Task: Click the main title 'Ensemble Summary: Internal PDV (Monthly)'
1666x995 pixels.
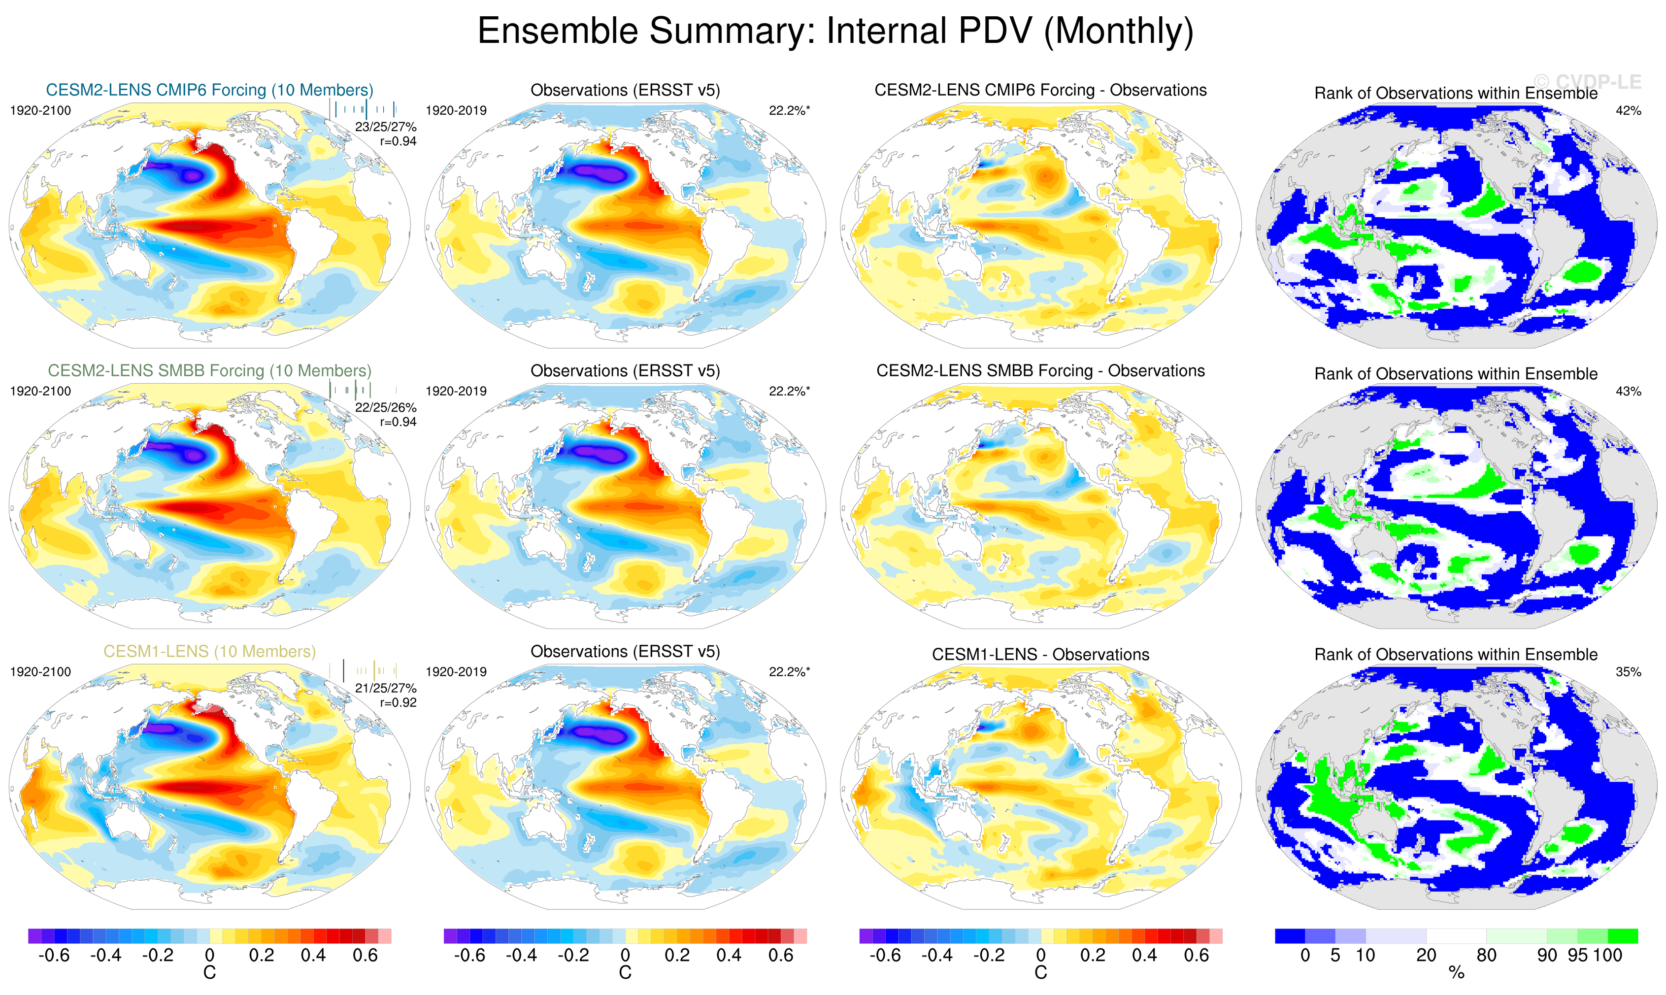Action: [834, 32]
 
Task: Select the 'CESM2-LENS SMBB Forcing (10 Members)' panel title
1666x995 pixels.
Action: [209, 371]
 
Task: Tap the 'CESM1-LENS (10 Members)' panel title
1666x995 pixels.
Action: [209, 652]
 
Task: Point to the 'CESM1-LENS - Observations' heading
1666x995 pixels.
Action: [1040, 655]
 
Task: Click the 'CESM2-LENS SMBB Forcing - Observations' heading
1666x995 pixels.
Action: [1040, 371]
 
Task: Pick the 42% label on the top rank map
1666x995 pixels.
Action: [1628, 111]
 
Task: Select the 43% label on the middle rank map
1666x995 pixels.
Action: [1628, 392]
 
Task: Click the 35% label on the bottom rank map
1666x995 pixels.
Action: [1628, 672]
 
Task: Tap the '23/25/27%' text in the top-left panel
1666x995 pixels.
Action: [386, 127]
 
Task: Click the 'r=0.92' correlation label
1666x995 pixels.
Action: [398, 703]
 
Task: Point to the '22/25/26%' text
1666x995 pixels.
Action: [386, 408]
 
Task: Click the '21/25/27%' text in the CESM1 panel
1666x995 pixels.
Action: [386, 688]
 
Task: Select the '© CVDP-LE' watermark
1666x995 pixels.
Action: [1588, 82]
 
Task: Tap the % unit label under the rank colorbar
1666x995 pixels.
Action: [1456, 973]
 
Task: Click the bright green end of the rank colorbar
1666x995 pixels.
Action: [1623, 936]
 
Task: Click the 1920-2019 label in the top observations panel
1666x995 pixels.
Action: [456, 111]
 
